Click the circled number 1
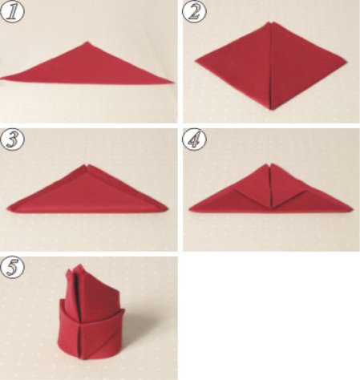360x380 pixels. pos(12,11)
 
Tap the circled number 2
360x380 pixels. pos(194,11)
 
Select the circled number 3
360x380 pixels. pos(12,139)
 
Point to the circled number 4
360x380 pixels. pos(194,139)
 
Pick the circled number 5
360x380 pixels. pos(12,267)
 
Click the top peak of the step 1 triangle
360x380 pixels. pos(87,42)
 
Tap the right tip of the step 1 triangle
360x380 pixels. pos(174,82)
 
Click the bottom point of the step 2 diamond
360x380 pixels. pos(272,109)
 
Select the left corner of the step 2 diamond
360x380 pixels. pos(196,61)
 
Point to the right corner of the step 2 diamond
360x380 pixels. pos(346,62)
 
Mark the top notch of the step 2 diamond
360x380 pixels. pos(270,23)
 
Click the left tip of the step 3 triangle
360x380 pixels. pos(7,208)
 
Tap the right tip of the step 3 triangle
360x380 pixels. pos(167,208)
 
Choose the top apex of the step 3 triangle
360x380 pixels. pos(87,165)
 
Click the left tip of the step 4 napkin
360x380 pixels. pos(189,211)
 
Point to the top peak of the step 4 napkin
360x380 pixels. pos(270,164)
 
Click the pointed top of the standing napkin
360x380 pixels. pos(79,265)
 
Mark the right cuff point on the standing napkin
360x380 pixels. pos(123,310)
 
